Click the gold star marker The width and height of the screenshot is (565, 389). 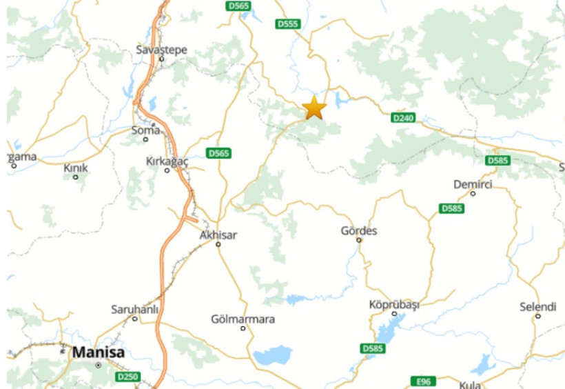(314, 108)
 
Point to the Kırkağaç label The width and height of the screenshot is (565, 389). (167, 160)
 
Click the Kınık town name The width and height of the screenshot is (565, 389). (76, 168)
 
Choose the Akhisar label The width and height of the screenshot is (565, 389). (218, 235)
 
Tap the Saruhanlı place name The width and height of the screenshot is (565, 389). (135, 309)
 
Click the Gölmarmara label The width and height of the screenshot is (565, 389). (243, 319)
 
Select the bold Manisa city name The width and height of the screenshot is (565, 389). (99, 352)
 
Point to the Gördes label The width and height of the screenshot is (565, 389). (359, 231)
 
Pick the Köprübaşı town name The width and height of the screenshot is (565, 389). (394, 304)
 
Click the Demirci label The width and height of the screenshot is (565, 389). (473, 184)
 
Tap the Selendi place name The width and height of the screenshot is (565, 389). (538, 306)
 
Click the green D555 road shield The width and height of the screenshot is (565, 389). (287, 24)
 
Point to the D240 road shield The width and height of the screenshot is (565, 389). (403, 118)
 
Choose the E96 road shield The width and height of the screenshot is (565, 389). (422, 381)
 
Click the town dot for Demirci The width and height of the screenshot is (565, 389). (473, 194)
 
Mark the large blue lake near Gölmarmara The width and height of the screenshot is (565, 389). (273, 356)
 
